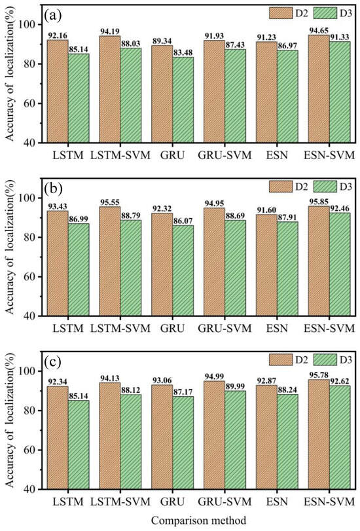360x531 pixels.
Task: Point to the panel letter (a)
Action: [x=52, y=13]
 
